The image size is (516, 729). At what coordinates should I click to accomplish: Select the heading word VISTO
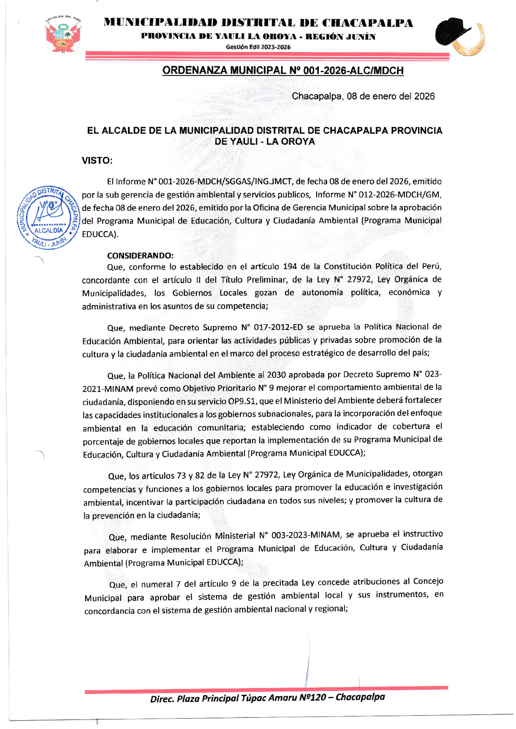[97, 161]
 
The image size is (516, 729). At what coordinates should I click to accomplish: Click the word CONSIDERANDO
[140, 256]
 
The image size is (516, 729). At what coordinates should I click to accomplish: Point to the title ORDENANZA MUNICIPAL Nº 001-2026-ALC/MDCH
[283, 70]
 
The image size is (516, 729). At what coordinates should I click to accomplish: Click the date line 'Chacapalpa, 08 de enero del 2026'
[363, 96]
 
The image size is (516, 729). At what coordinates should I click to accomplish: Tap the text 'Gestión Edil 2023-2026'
[258, 47]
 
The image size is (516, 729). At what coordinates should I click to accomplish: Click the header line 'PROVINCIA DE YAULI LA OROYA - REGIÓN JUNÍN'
[258, 37]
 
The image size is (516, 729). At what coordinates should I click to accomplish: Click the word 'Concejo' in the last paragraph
[428, 581]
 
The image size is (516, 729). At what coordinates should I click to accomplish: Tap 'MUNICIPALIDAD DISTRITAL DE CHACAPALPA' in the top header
[258, 23]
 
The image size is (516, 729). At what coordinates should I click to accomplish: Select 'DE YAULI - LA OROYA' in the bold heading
[265, 142]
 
